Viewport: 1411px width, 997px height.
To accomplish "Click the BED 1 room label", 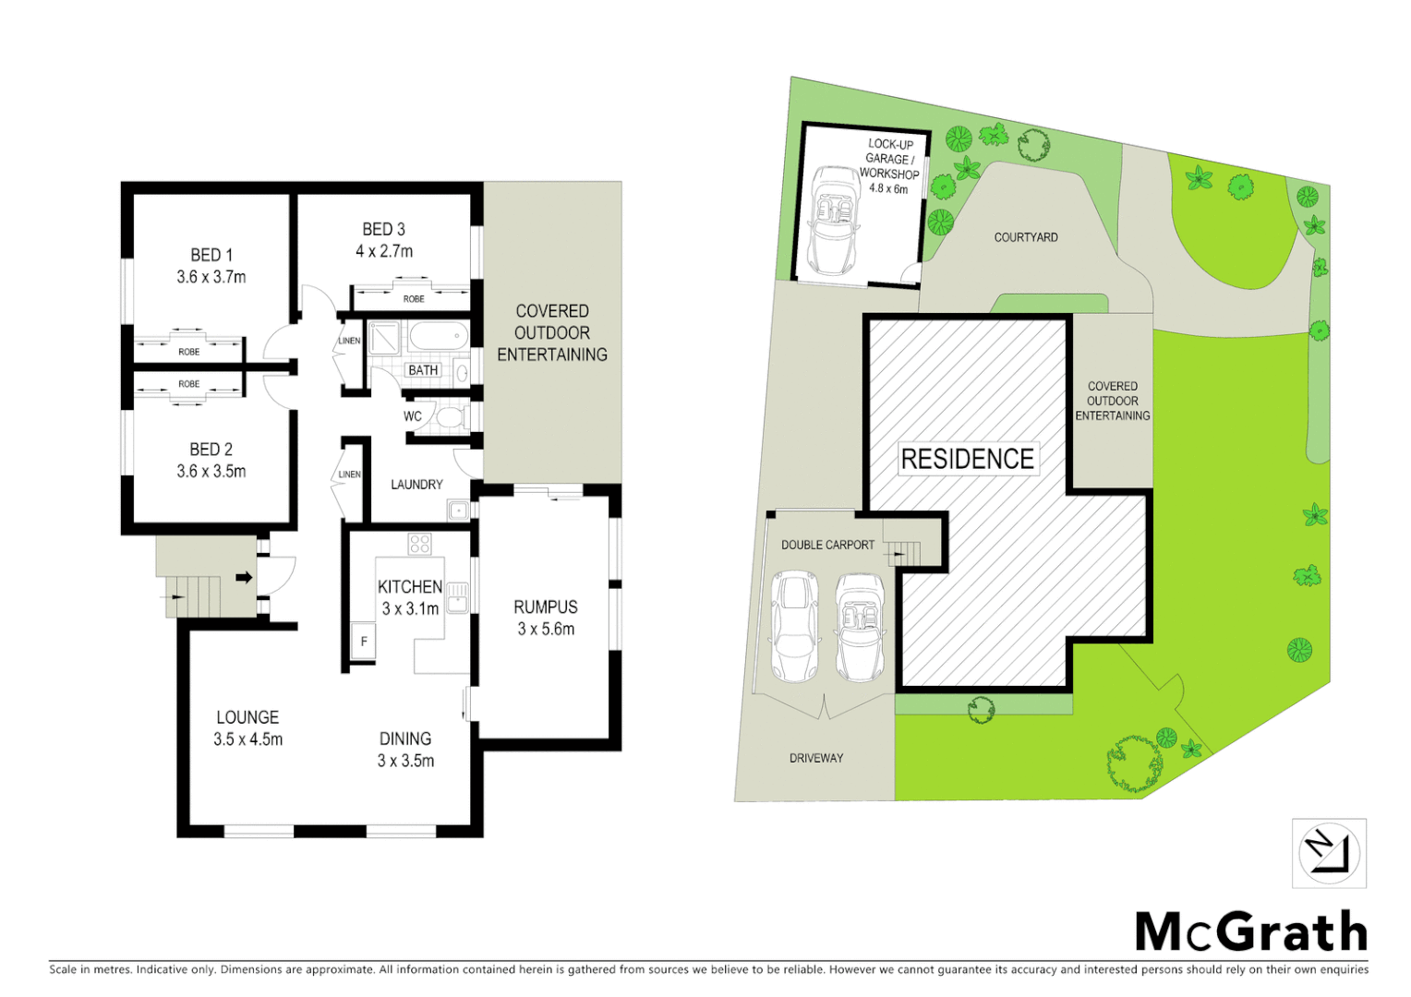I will click(x=211, y=255).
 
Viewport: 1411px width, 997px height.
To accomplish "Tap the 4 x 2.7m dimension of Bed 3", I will click(x=384, y=251).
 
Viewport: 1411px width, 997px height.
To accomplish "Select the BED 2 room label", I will click(x=211, y=450).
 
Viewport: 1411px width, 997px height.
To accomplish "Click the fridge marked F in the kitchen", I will click(x=364, y=642).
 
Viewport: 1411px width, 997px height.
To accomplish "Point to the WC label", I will click(x=413, y=416).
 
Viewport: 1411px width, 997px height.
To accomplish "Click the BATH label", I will click(x=423, y=370).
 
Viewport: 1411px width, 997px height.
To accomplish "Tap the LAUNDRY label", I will click(x=416, y=485).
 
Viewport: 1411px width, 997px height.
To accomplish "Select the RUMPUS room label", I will click(x=546, y=607).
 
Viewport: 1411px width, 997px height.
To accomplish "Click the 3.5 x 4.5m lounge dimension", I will click(x=247, y=739).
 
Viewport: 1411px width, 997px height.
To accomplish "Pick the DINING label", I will click(x=405, y=739).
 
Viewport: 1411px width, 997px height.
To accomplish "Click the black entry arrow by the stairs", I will click(x=244, y=578).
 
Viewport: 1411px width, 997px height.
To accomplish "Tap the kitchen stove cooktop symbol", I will click(x=420, y=544).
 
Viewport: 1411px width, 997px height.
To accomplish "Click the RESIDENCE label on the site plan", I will click(x=967, y=459).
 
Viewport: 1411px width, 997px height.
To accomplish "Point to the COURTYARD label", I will click(x=1026, y=237).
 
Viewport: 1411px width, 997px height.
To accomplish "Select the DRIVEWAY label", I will click(x=816, y=758).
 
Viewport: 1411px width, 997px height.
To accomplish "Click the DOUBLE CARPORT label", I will click(x=827, y=545).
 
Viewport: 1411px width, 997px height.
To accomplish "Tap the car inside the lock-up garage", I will click(x=834, y=220).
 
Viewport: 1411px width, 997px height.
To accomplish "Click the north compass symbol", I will click(x=1329, y=853).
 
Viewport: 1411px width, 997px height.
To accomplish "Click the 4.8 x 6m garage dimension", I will click(x=888, y=188).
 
